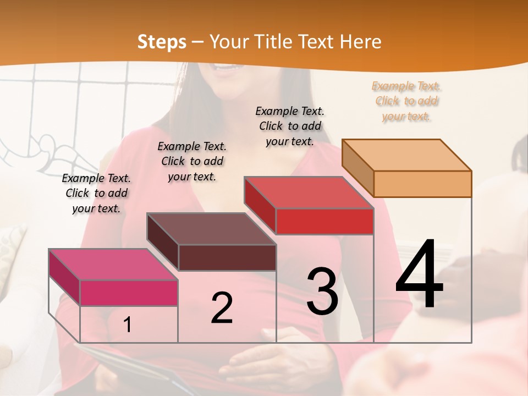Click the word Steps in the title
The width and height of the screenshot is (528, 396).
tap(161, 42)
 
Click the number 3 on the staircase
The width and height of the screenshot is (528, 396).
tap(322, 291)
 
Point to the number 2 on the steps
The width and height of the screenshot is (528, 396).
tap(222, 308)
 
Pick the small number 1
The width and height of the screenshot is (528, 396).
tap(128, 325)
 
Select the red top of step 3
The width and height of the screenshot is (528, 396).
tap(309, 193)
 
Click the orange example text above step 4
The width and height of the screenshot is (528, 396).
tap(406, 101)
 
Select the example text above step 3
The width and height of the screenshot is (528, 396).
tap(290, 126)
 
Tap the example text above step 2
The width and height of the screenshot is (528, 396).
tap(192, 161)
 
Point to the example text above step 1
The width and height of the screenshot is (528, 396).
tap(96, 193)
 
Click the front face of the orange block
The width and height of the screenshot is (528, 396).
tap(422, 184)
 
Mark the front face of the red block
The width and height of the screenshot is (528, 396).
tap(324, 221)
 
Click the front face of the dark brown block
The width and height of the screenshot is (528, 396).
tap(227, 257)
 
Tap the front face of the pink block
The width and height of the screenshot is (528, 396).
tap(129, 293)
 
